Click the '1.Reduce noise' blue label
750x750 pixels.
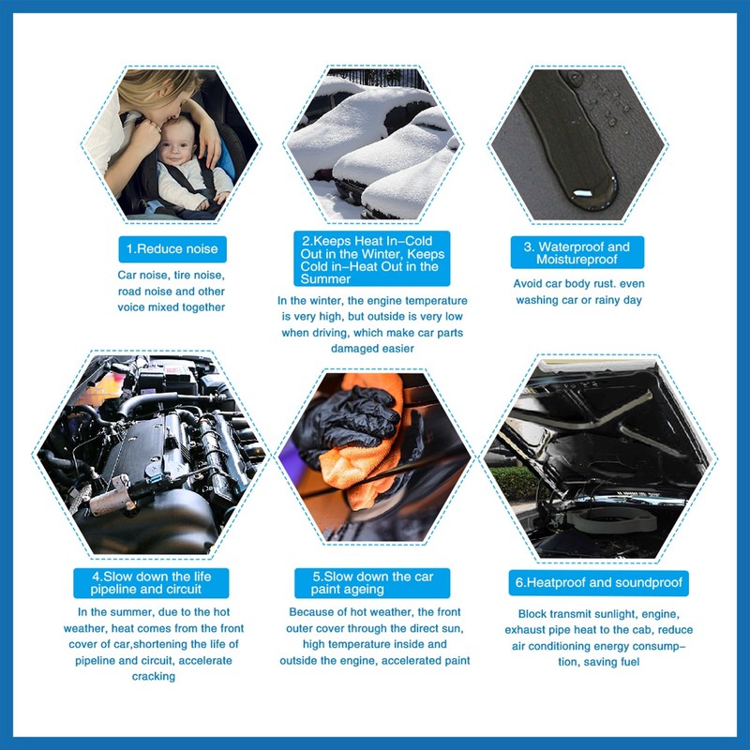tap(173, 249)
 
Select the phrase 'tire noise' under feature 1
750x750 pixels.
tap(195, 276)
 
